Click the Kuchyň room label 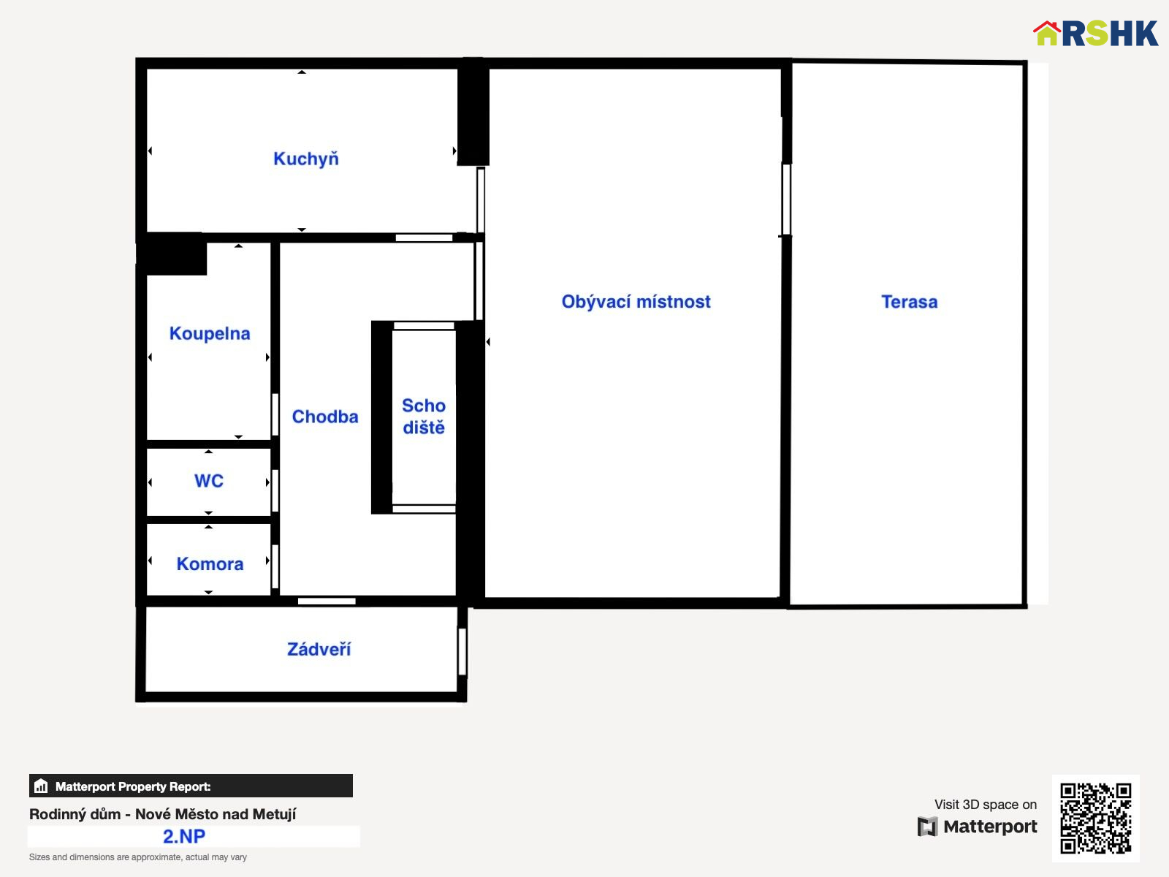[305, 159]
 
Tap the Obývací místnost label [636, 301]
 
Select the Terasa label [909, 302]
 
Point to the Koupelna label [209, 333]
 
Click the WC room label [209, 481]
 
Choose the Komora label [210, 564]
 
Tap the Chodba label [325, 417]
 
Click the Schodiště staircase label [423, 417]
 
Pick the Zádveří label [319, 649]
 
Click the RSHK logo [1095, 33]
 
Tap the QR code [1095, 818]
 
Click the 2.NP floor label [183, 836]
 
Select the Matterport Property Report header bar [191, 786]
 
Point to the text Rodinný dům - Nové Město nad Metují [162, 813]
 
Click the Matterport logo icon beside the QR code [927, 827]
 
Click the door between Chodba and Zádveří [327, 601]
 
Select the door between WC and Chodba [275, 490]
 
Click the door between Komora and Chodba [275, 566]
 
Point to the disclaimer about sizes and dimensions [138, 857]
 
